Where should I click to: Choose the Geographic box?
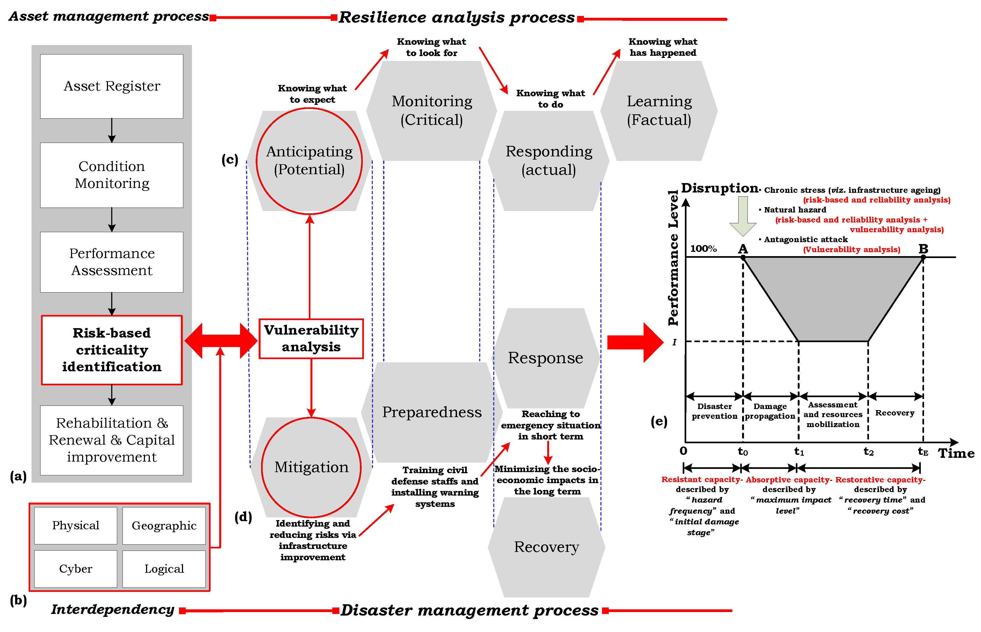tap(164, 526)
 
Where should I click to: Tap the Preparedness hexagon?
tap(432, 412)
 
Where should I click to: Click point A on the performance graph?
tap(743, 257)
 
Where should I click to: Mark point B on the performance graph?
tap(923, 257)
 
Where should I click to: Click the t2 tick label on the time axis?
tap(868, 452)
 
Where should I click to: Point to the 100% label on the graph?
tap(703, 249)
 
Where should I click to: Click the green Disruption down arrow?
tap(743, 215)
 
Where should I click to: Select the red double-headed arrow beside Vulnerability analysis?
tap(221, 341)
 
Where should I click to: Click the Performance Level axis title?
tap(673, 259)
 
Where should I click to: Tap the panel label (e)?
tap(659, 421)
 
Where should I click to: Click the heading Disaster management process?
tap(469, 610)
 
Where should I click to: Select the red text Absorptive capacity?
tap(787, 479)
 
